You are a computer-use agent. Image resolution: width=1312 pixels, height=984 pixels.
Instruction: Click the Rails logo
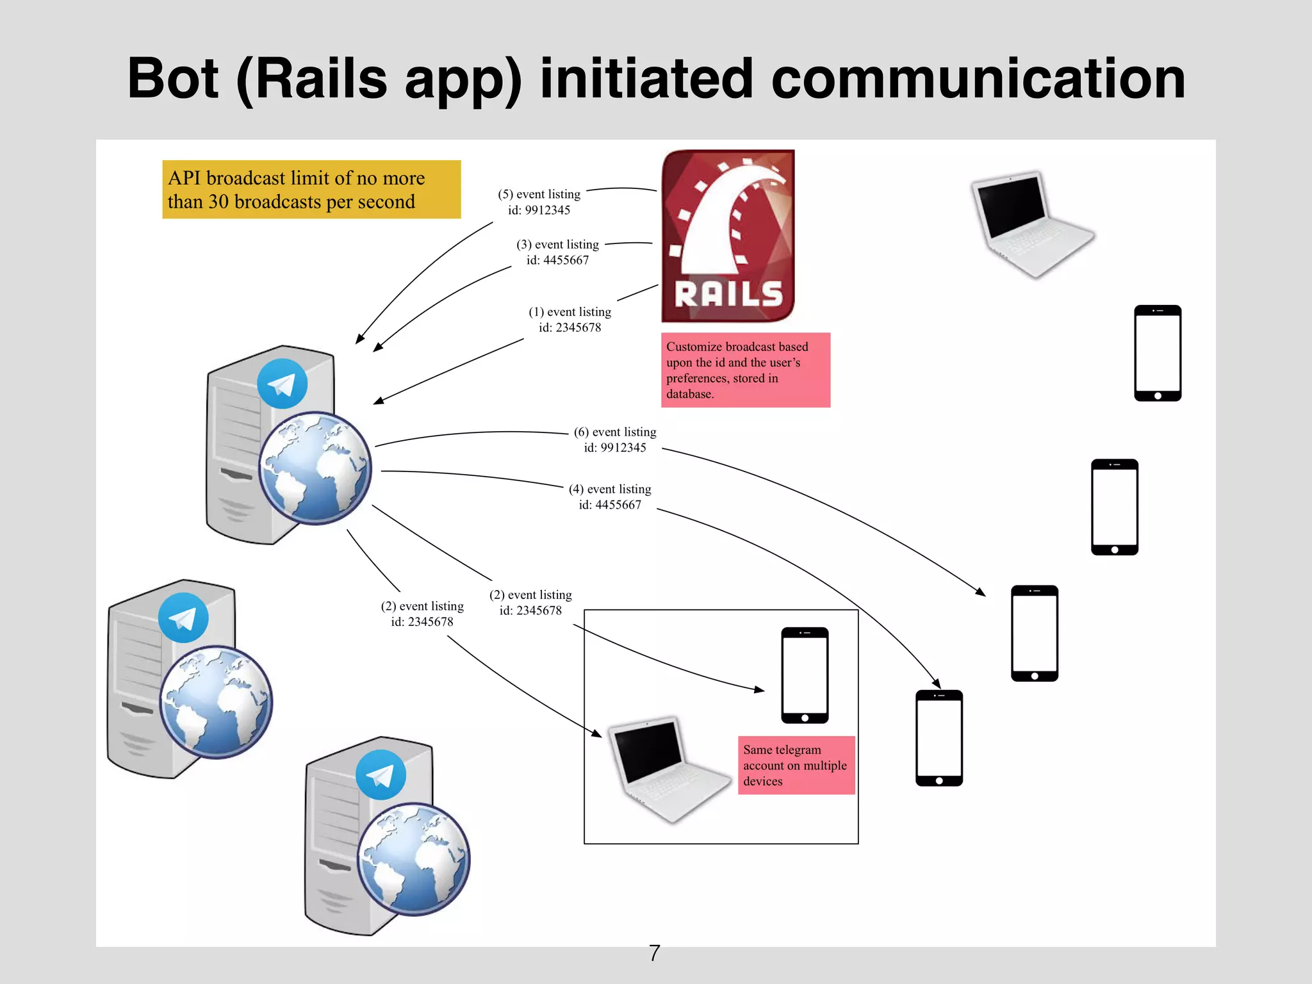(728, 236)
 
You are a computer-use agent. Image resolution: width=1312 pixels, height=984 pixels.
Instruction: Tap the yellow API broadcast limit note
(311, 190)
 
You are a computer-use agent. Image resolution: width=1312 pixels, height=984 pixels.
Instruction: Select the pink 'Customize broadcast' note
(745, 370)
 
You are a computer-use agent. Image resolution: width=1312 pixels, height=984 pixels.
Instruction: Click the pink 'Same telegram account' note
(796, 765)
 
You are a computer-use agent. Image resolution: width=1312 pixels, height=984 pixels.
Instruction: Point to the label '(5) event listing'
(539, 195)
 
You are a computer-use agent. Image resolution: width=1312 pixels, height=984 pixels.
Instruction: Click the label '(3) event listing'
(557, 245)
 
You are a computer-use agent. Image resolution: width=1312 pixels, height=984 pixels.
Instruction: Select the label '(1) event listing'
(570, 312)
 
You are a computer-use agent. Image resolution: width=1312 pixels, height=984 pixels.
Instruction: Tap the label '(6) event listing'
(614, 432)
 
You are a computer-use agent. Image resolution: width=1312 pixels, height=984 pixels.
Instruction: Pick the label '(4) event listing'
(609, 489)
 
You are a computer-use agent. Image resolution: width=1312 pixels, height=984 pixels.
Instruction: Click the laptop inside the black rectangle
(667, 769)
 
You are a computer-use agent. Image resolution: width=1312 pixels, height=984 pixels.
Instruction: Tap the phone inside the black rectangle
(805, 675)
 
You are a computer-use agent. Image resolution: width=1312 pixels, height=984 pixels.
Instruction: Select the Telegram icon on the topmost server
(282, 384)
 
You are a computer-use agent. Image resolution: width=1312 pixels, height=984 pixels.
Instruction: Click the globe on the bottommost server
(413, 858)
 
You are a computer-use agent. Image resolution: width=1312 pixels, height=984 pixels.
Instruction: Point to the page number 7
(654, 953)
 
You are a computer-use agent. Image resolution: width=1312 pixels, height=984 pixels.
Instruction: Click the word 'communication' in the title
(978, 79)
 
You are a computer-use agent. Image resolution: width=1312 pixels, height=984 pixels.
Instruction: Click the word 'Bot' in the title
(173, 79)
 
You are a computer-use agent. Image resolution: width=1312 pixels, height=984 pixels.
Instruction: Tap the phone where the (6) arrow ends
(1034, 633)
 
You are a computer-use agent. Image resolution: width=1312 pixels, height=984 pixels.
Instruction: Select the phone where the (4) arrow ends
(939, 738)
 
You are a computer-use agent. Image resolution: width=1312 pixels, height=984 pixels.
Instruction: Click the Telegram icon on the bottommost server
(381, 775)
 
